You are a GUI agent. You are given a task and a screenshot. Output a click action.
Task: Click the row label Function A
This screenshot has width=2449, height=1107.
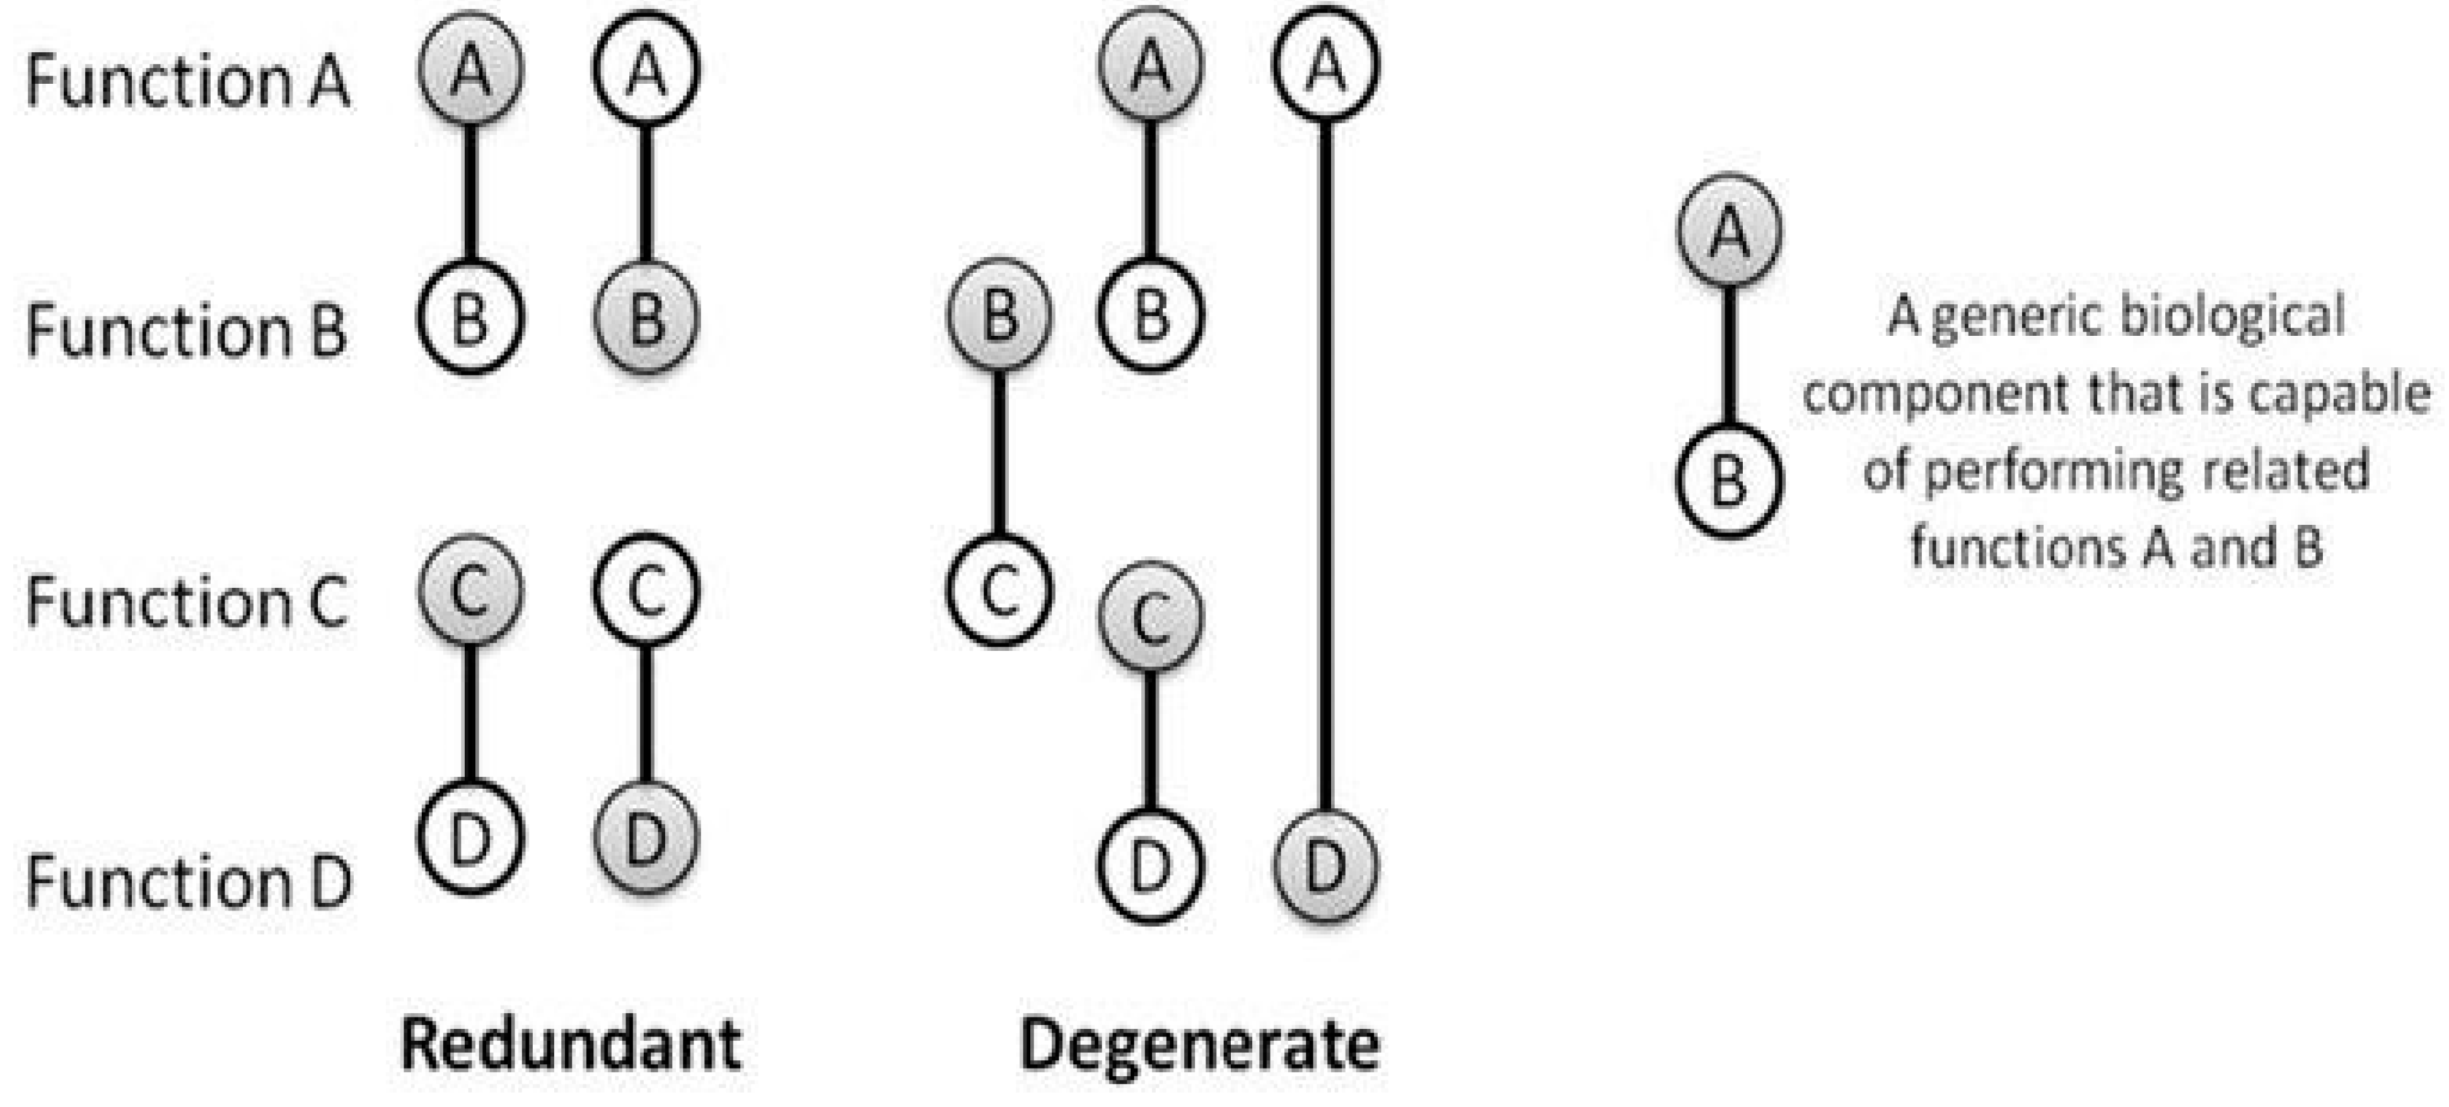(187, 81)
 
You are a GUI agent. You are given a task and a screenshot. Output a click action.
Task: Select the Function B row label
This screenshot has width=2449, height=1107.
(187, 331)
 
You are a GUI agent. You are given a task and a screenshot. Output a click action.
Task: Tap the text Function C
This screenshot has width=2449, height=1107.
(187, 602)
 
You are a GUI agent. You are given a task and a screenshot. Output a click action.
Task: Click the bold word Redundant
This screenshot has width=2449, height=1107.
(571, 1044)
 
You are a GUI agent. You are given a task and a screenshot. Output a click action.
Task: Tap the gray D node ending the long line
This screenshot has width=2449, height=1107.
(1325, 866)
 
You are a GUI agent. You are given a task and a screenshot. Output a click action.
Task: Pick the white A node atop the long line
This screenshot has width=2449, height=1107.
(1325, 66)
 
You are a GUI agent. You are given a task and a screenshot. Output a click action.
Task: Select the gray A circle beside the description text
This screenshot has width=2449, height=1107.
(1728, 231)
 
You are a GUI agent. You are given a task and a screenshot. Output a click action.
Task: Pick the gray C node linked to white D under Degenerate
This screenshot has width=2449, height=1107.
(1150, 617)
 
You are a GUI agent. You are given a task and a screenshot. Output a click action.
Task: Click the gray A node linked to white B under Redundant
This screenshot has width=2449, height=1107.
(470, 69)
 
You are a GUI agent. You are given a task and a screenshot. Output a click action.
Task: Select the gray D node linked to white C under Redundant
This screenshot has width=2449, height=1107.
(646, 838)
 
